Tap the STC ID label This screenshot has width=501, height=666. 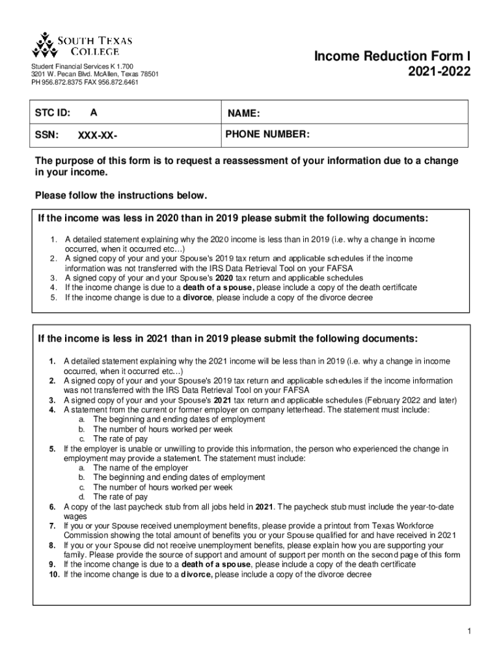pyautogui.click(x=52, y=113)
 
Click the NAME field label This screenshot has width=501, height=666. pyautogui.click(x=244, y=114)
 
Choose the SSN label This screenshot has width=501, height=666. pyautogui.click(x=47, y=135)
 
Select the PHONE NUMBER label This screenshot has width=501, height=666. pyautogui.click(x=267, y=134)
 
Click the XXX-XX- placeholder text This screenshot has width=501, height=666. pyautogui.click(x=98, y=137)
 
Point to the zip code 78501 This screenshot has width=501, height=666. pyautogui.click(x=147, y=74)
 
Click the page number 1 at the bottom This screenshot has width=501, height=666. pyautogui.click(x=468, y=632)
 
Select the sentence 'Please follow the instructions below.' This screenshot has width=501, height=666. pyautogui.click(x=121, y=195)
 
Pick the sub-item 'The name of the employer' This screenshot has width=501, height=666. pyautogui.click(x=141, y=468)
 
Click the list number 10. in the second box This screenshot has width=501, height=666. pyautogui.click(x=54, y=574)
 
